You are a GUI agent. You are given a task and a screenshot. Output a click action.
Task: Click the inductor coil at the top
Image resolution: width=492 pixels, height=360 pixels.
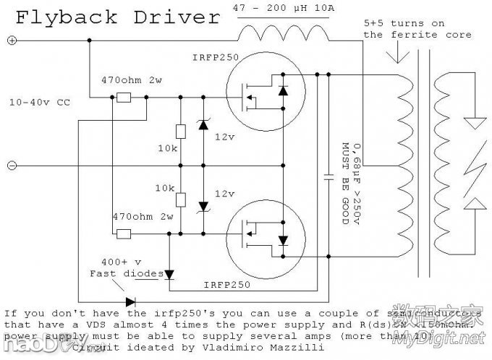283,35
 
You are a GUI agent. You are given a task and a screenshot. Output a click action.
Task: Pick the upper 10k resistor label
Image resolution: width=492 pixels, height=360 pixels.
166,147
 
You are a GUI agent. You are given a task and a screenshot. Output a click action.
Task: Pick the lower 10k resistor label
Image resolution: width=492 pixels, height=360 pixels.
166,187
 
